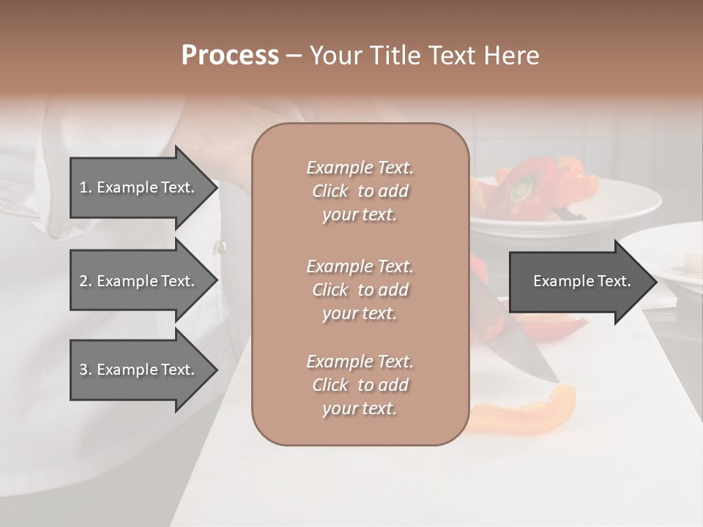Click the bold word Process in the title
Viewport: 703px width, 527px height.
(230, 55)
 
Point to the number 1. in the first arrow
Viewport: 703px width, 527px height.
(85, 187)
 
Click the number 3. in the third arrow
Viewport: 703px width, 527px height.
(85, 370)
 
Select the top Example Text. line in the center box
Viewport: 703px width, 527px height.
(360, 168)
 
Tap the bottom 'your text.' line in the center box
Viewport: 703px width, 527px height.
(360, 408)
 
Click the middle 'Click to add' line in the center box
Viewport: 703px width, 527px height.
(360, 290)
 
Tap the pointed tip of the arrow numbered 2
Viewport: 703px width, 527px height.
(216, 281)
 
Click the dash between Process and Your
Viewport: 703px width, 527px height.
(293, 56)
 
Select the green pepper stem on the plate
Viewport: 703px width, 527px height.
(521, 192)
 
